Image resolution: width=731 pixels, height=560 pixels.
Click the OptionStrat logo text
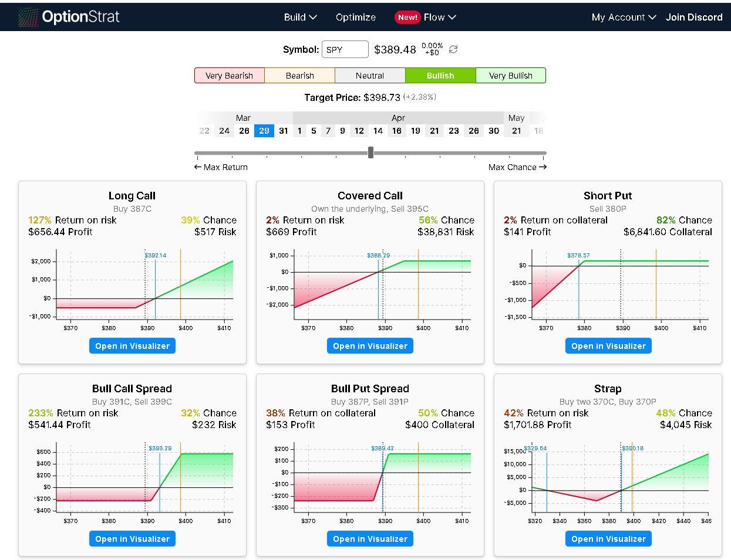click(80, 17)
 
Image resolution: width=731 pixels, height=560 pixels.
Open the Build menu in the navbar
click(300, 18)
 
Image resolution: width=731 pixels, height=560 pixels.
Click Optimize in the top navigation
click(356, 18)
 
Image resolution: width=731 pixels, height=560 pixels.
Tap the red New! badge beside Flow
click(407, 18)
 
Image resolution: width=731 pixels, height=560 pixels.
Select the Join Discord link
click(694, 18)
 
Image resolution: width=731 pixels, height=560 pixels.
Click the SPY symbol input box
click(345, 50)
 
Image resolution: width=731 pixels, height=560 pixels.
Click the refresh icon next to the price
click(453, 50)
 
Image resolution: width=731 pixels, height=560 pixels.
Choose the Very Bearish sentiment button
click(229, 76)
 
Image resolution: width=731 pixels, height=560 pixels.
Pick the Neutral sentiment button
click(370, 76)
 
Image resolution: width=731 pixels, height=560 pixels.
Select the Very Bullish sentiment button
click(510, 76)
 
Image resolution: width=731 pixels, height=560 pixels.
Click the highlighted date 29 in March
click(264, 131)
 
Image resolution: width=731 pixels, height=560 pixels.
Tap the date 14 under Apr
click(378, 131)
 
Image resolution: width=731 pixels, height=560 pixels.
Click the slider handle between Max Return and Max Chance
click(370, 153)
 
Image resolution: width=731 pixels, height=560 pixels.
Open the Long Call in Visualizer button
click(132, 346)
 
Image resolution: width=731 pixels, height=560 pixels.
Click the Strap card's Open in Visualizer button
click(608, 539)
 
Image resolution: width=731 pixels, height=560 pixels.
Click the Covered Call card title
click(370, 196)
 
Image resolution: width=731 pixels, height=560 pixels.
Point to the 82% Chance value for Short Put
click(684, 220)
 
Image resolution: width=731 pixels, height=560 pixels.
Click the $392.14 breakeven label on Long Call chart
click(156, 256)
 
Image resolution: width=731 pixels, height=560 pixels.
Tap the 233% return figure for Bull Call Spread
click(41, 413)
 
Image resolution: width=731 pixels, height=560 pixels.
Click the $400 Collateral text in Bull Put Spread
click(439, 425)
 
